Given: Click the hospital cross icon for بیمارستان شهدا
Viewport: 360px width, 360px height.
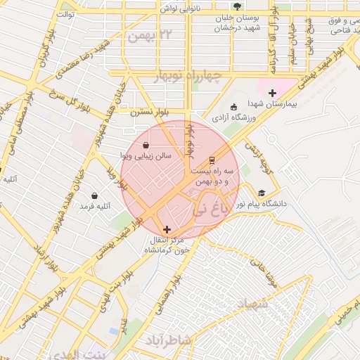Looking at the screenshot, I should [272, 92].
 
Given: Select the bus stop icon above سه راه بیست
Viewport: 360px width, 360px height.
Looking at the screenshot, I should [212, 160].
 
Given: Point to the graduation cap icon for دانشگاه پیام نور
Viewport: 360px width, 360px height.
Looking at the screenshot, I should [262, 193].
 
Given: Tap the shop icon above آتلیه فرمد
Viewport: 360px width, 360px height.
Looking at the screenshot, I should [95, 196].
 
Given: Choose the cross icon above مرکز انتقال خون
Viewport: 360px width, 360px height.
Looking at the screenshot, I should [167, 229].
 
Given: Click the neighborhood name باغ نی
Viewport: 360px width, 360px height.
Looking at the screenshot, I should [210, 209].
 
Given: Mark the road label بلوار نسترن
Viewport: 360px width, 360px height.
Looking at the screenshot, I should [150, 112].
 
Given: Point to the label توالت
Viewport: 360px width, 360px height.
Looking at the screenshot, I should [65, 13].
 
